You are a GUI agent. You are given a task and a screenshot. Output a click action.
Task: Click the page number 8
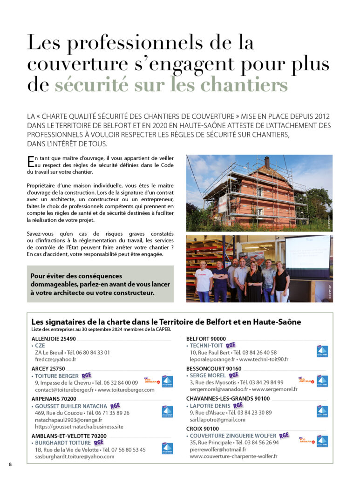11,464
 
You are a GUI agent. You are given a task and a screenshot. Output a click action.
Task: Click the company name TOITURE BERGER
57,376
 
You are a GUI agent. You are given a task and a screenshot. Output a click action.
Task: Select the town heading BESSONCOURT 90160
214,368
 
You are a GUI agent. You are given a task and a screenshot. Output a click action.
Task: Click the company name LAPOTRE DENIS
211,406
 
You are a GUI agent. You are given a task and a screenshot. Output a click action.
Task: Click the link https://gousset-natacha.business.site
79,426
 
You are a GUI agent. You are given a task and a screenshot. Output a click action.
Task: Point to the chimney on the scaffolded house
267,162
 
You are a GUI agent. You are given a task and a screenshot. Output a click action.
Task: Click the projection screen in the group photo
308,252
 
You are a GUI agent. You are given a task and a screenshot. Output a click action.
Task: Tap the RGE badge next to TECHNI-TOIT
231,345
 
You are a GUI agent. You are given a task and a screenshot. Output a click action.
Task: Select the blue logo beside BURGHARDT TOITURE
167,448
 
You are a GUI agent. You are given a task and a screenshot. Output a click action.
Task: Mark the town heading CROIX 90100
203,429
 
